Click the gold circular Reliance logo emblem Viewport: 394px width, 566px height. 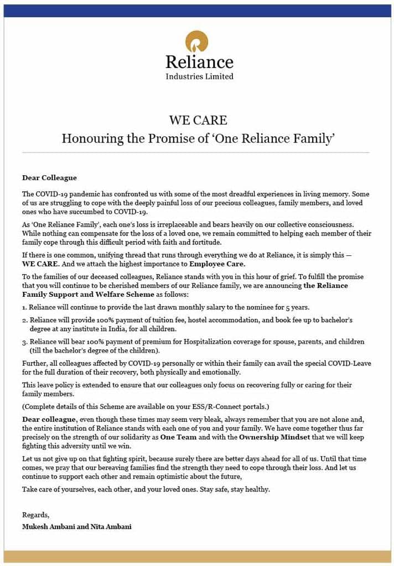[196, 41]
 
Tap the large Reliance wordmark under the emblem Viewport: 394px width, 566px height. [199, 61]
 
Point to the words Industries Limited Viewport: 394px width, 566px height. [199, 76]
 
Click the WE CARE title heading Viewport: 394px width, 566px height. [198, 120]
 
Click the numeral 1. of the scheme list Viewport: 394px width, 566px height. [24, 307]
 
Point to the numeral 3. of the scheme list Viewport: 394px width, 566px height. [24, 342]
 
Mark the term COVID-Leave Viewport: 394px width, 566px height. [348, 363]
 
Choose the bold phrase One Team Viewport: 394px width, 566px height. [178, 437]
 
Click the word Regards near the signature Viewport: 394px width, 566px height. [35, 515]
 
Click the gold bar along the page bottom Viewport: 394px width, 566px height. [197, 556]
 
